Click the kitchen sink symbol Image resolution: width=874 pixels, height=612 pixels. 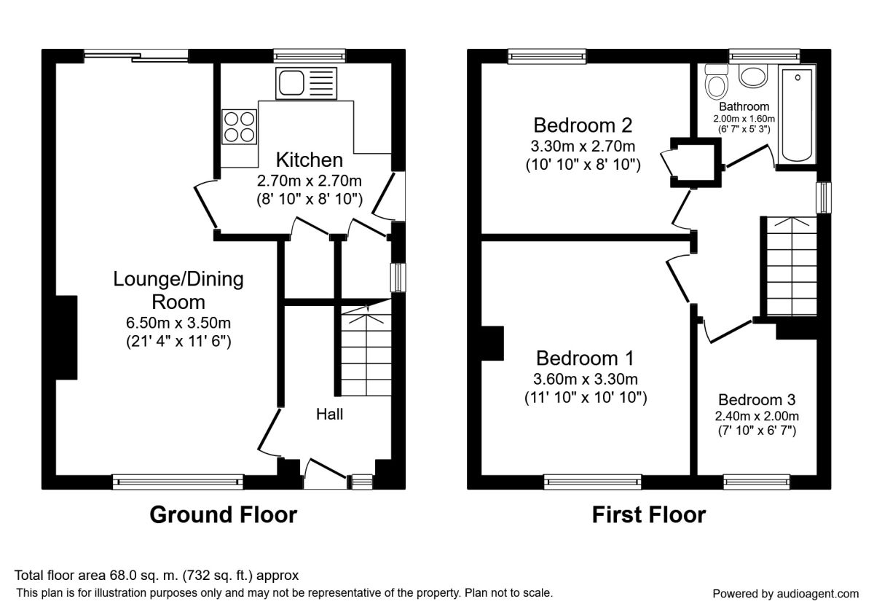click(x=307, y=83)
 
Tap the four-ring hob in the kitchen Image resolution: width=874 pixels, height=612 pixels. click(x=240, y=127)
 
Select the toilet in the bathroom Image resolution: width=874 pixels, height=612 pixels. click(x=717, y=81)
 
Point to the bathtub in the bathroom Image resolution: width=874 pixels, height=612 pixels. click(x=797, y=114)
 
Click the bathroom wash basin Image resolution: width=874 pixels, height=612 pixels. click(x=753, y=76)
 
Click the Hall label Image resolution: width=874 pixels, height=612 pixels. click(x=330, y=414)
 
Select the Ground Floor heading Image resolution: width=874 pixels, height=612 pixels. click(x=224, y=515)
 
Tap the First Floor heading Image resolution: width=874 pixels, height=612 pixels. click(x=649, y=515)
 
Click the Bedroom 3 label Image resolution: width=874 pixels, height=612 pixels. click(x=757, y=400)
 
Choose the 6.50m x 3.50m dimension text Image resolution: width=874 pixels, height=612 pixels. click(x=178, y=323)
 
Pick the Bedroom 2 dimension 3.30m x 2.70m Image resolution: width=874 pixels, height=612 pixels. click(x=583, y=146)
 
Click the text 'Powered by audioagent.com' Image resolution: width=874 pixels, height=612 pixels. click(x=786, y=594)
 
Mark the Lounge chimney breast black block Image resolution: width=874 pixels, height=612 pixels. click(x=66, y=337)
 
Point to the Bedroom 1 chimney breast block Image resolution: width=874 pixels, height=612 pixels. click(x=492, y=343)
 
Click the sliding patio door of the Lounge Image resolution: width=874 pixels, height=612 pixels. click(x=136, y=56)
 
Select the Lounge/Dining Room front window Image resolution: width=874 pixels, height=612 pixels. click(x=178, y=482)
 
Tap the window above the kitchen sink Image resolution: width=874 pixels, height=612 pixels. click(x=310, y=55)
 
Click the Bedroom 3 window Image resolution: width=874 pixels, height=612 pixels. click(x=757, y=482)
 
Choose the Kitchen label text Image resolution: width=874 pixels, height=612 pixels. click(x=310, y=160)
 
